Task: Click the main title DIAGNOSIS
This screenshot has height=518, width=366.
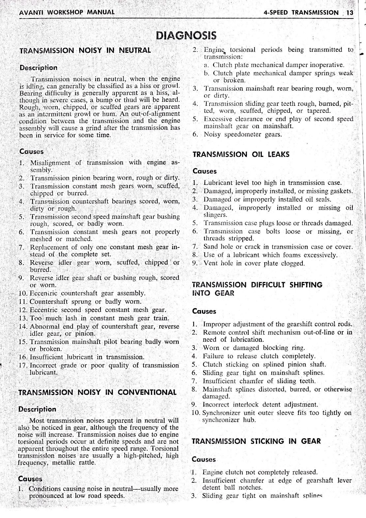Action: click(186, 35)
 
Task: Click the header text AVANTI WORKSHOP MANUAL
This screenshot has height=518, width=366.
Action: click(63, 13)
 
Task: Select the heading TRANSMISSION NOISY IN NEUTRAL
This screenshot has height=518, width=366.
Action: click(85, 50)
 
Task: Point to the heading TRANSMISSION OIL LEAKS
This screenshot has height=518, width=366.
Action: click(241, 154)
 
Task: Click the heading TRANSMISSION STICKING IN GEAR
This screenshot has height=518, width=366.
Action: click(256, 441)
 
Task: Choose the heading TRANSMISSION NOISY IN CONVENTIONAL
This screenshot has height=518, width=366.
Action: click(98, 392)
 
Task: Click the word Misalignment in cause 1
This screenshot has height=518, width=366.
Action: click(50, 162)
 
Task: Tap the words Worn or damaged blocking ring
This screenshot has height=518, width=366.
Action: click(254, 348)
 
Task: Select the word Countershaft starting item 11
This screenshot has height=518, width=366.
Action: click(49, 302)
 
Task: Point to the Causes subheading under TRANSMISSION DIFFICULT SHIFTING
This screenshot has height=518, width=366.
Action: click(204, 311)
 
